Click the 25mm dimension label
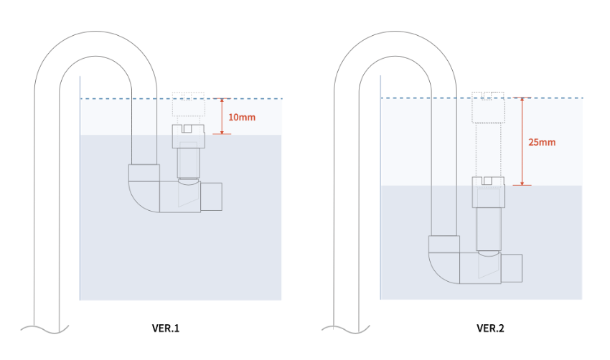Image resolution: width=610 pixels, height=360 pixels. [x=542, y=142]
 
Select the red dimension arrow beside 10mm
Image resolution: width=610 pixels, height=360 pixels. [x=223, y=116]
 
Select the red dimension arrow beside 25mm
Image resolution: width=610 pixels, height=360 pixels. [x=522, y=141]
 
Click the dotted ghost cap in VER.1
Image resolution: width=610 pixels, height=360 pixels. [x=189, y=105]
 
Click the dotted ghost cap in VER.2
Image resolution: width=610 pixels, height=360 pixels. [x=488, y=108]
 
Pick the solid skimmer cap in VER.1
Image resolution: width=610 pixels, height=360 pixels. [x=189, y=136]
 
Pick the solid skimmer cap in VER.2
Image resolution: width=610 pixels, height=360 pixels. [x=488, y=192]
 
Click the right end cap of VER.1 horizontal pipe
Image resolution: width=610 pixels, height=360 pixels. [x=213, y=197]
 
